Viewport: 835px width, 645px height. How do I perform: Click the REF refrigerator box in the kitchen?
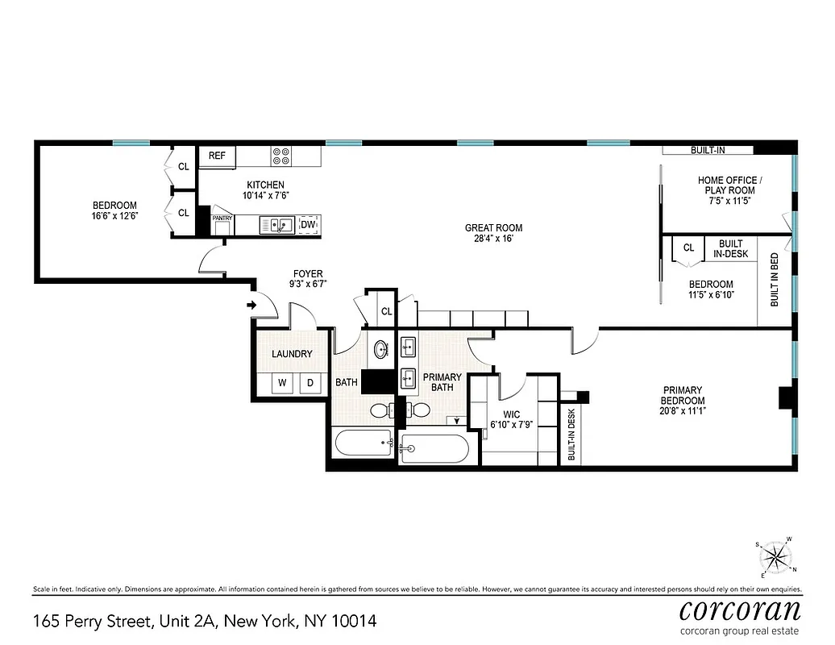pyautogui.click(x=217, y=156)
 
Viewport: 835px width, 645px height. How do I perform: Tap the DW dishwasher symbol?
pyautogui.click(x=308, y=225)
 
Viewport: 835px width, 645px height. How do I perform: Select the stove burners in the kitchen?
pyautogui.click(x=281, y=156)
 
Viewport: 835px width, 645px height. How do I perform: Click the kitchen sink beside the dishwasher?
pyautogui.click(x=276, y=225)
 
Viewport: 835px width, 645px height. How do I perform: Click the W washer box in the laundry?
pyautogui.click(x=281, y=384)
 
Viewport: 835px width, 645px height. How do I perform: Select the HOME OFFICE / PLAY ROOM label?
pyautogui.click(x=727, y=190)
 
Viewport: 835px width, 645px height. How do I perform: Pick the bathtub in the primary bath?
pyautogui.click(x=434, y=449)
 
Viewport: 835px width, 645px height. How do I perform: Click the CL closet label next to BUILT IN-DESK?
pyautogui.click(x=688, y=248)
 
